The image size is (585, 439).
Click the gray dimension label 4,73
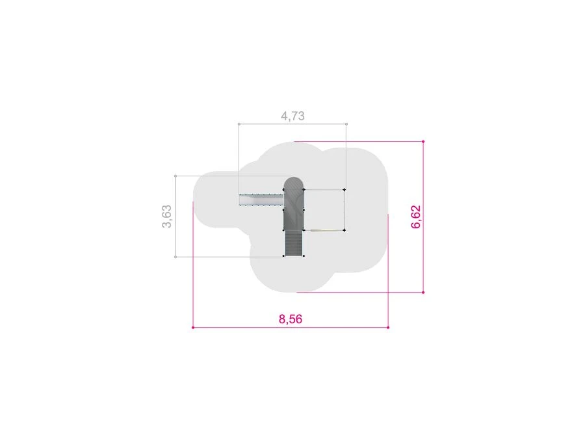(x=292, y=116)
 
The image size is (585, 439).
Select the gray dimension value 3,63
(x=166, y=216)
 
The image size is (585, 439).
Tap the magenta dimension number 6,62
(x=415, y=217)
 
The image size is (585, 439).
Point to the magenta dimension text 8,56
(x=291, y=319)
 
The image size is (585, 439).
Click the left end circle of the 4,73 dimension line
(x=239, y=124)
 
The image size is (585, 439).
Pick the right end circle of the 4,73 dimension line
(x=346, y=124)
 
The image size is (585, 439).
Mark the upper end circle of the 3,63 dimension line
(x=175, y=176)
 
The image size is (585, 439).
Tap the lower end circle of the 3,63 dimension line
(x=175, y=257)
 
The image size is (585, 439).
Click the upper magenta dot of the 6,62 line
(x=423, y=142)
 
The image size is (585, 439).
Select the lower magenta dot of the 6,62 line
(x=423, y=292)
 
